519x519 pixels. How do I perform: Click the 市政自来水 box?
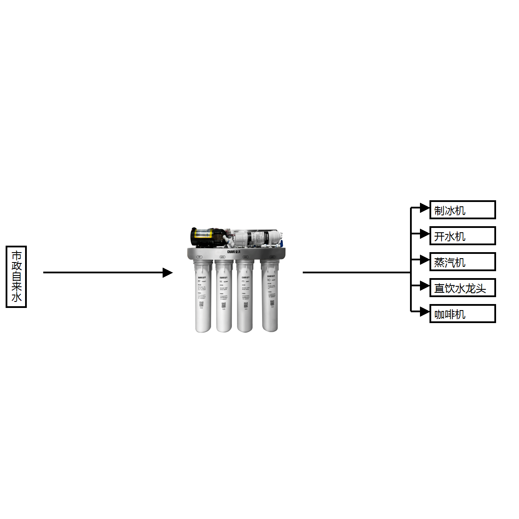coord(16,277)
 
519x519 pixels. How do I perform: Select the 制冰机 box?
coord(462,210)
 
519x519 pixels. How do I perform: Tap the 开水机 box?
coord(462,236)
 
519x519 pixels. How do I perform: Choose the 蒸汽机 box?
coord(462,262)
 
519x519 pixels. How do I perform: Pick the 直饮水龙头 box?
coord(462,288)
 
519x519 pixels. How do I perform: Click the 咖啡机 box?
coord(462,314)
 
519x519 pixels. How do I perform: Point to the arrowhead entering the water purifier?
coord(167,272)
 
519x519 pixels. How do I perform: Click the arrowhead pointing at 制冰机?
coord(424,208)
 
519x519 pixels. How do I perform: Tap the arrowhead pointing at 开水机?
coord(424,234)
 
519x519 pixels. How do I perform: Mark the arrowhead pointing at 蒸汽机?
coord(424,260)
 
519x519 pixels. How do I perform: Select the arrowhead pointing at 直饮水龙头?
coord(424,286)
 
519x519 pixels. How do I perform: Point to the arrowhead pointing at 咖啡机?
coord(424,311)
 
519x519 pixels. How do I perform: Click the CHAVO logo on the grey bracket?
coord(234,252)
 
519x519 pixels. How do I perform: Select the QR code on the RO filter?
coord(272,303)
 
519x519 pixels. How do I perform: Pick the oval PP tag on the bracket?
coord(199,257)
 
